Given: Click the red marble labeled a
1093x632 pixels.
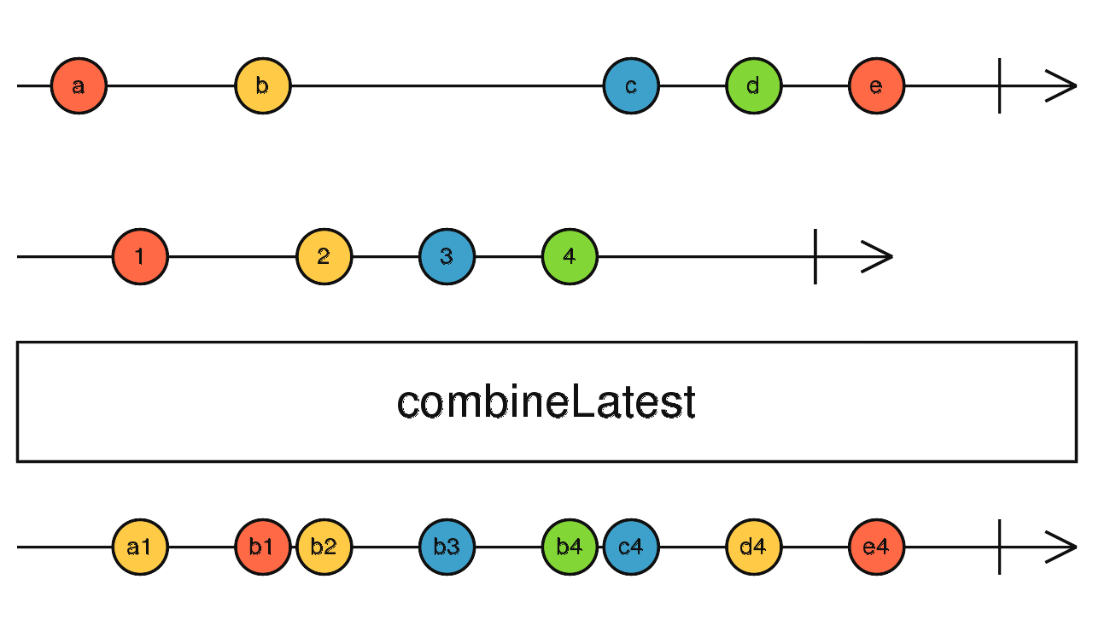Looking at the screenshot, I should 79,86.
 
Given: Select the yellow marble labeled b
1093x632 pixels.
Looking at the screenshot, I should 263,86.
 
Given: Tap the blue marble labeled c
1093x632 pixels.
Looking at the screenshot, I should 631,86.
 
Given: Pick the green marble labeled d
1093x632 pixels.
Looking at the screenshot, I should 754,86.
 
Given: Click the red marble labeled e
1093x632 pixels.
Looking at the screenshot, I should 877,86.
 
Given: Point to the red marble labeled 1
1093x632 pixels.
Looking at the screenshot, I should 140,256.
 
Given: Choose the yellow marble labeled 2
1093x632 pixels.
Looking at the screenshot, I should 324,256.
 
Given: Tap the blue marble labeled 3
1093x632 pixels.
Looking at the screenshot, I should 447,256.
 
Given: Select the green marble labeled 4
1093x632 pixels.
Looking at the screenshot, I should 570,256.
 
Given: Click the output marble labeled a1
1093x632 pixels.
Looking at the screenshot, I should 140,547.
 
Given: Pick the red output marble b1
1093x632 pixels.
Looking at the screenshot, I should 262,547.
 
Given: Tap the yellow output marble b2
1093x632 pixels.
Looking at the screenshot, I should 324,547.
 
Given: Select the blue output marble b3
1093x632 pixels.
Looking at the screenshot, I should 447,547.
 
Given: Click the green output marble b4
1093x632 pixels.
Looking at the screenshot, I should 569,547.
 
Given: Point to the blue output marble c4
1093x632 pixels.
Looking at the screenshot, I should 631,547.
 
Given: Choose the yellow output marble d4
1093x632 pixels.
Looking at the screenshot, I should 754,547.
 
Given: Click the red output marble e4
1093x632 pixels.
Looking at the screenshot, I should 877,547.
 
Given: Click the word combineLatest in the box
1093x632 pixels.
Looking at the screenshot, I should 546,402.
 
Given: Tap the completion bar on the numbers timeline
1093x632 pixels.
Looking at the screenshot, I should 815,256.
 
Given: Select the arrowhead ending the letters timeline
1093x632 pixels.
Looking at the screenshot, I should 1063,86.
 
